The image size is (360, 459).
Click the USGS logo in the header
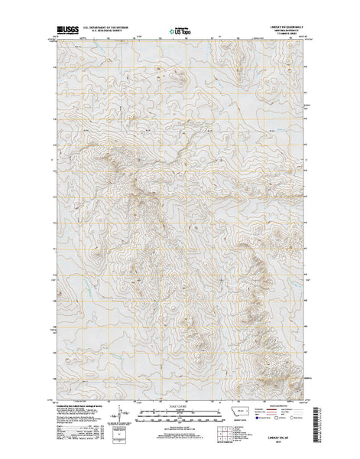click(x=64, y=27)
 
